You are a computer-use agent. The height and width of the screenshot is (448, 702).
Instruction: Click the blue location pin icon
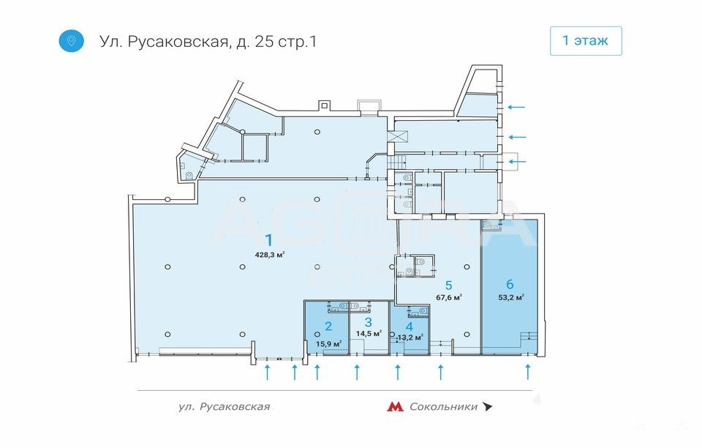pyautogui.click(x=71, y=41)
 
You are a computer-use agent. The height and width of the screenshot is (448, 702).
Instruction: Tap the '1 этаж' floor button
pyautogui.click(x=586, y=41)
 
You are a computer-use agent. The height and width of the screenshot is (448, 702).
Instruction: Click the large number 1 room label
pyautogui.click(x=268, y=240)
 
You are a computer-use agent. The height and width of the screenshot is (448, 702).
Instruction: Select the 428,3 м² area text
pyautogui.click(x=270, y=255)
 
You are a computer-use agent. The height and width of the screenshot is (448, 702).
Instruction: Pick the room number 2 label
pyautogui.click(x=328, y=326)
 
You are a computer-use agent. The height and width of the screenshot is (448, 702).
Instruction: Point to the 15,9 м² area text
pyautogui.click(x=328, y=343)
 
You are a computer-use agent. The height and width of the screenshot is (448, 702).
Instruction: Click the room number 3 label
pyautogui.click(x=368, y=322)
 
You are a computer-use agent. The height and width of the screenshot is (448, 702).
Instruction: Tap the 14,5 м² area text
pyautogui.click(x=369, y=333)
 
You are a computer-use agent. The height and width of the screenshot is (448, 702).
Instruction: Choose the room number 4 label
pyautogui.click(x=409, y=327)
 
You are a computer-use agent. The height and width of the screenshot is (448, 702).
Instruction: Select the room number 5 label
pyautogui.click(x=448, y=285)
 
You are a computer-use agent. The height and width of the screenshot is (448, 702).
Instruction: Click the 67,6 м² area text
pyautogui.click(x=449, y=296)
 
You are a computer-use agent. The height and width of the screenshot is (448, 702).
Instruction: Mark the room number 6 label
pyautogui.click(x=510, y=283)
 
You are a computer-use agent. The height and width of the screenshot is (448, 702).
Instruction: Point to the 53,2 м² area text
pyautogui.click(x=511, y=296)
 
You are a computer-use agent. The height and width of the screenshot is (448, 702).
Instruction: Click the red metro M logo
pyautogui.click(x=395, y=406)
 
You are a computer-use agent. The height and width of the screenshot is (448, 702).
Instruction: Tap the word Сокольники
pyautogui.click(x=444, y=407)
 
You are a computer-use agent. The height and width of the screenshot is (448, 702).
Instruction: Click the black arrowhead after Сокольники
pyautogui.click(x=487, y=407)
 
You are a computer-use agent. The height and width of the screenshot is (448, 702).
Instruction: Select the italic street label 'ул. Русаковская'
pyautogui.click(x=224, y=407)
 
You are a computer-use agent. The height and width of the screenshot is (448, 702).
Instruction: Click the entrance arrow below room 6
pyautogui.click(x=528, y=372)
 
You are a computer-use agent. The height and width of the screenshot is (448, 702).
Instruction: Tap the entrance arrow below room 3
pyautogui.click(x=357, y=372)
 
